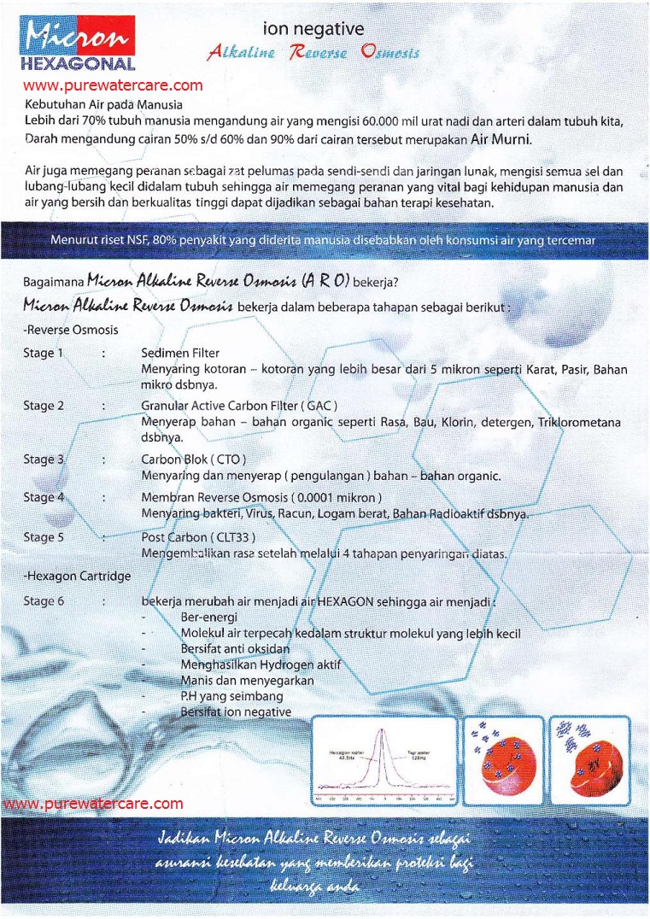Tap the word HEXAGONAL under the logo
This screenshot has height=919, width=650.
point(77,64)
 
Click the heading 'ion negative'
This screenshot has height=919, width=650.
point(313,31)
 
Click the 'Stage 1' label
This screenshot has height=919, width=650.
point(44,353)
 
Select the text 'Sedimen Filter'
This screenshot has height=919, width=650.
point(180,353)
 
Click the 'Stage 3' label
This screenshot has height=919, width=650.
point(44,459)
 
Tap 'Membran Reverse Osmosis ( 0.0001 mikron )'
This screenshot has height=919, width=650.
point(261,497)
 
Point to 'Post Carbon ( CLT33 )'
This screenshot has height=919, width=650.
point(198,537)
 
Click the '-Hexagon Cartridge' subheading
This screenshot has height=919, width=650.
point(77,576)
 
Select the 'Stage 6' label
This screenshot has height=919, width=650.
point(44,600)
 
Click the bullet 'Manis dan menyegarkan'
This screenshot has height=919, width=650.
point(247,681)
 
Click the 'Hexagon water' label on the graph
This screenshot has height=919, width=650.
point(346,753)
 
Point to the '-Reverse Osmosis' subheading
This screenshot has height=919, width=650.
point(71,329)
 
